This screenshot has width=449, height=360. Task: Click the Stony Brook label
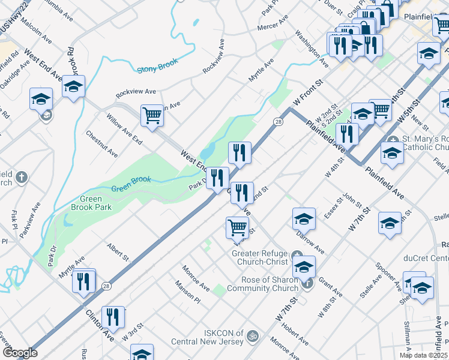click(x=156, y=69)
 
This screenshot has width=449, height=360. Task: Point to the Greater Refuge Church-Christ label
click(x=261, y=257)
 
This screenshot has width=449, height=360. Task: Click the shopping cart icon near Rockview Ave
click(x=152, y=116)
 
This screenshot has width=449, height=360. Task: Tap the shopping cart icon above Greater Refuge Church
click(x=238, y=228)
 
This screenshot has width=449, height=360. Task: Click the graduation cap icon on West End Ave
click(x=74, y=88)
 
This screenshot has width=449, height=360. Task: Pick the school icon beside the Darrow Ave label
click(x=304, y=220)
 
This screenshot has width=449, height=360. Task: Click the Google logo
click(x=20, y=353)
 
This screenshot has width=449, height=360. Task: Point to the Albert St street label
click(x=118, y=251)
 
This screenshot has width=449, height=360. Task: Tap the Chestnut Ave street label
click(x=101, y=145)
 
